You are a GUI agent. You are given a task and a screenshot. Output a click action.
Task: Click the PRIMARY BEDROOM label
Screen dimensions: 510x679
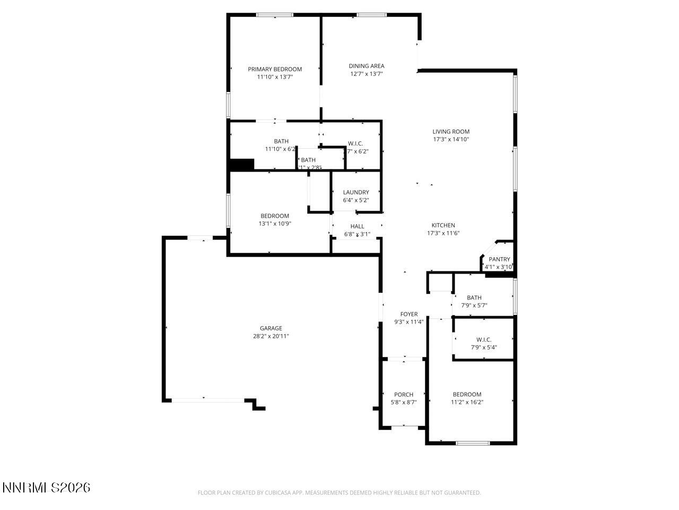[275, 69]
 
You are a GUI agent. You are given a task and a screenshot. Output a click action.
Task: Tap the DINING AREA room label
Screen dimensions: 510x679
[367, 66]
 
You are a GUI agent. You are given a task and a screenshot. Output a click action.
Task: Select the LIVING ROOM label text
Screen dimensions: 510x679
[451, 132]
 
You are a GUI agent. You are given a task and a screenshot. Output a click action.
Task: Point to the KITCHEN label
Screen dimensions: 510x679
[443, 225]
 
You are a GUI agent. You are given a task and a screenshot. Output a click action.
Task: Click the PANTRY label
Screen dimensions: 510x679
[499, 259]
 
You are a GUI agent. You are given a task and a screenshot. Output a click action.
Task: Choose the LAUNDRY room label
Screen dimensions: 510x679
[356, 192]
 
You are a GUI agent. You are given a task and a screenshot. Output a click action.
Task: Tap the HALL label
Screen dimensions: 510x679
[358, 226]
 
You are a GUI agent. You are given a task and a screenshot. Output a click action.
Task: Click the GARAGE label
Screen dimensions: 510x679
[271, 328]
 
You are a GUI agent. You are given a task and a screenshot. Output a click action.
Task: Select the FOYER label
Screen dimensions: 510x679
[409, 314]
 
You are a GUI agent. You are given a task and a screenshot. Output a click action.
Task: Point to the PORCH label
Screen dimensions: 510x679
[404, 395]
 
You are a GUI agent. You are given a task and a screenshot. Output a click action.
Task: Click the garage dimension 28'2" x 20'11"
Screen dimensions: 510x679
[271, 336]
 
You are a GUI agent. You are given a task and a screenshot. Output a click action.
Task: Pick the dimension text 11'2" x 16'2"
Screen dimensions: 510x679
[467, 402]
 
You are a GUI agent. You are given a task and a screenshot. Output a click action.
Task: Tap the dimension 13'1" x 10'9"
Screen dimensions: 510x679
[275, 224]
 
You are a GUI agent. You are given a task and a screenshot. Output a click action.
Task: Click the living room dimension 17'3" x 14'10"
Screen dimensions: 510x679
[451, 140]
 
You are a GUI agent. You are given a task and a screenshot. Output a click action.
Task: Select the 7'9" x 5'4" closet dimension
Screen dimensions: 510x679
[484, 347]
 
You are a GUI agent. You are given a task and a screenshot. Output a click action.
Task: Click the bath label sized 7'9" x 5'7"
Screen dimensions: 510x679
[474, 297]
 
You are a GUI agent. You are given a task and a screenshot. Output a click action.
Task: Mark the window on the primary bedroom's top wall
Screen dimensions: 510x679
[275, 15]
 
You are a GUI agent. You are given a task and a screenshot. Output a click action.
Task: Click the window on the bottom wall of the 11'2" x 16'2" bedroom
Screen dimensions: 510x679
[473, 443]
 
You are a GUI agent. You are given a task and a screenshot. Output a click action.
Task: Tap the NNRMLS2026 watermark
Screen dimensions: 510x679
[47, 487]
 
